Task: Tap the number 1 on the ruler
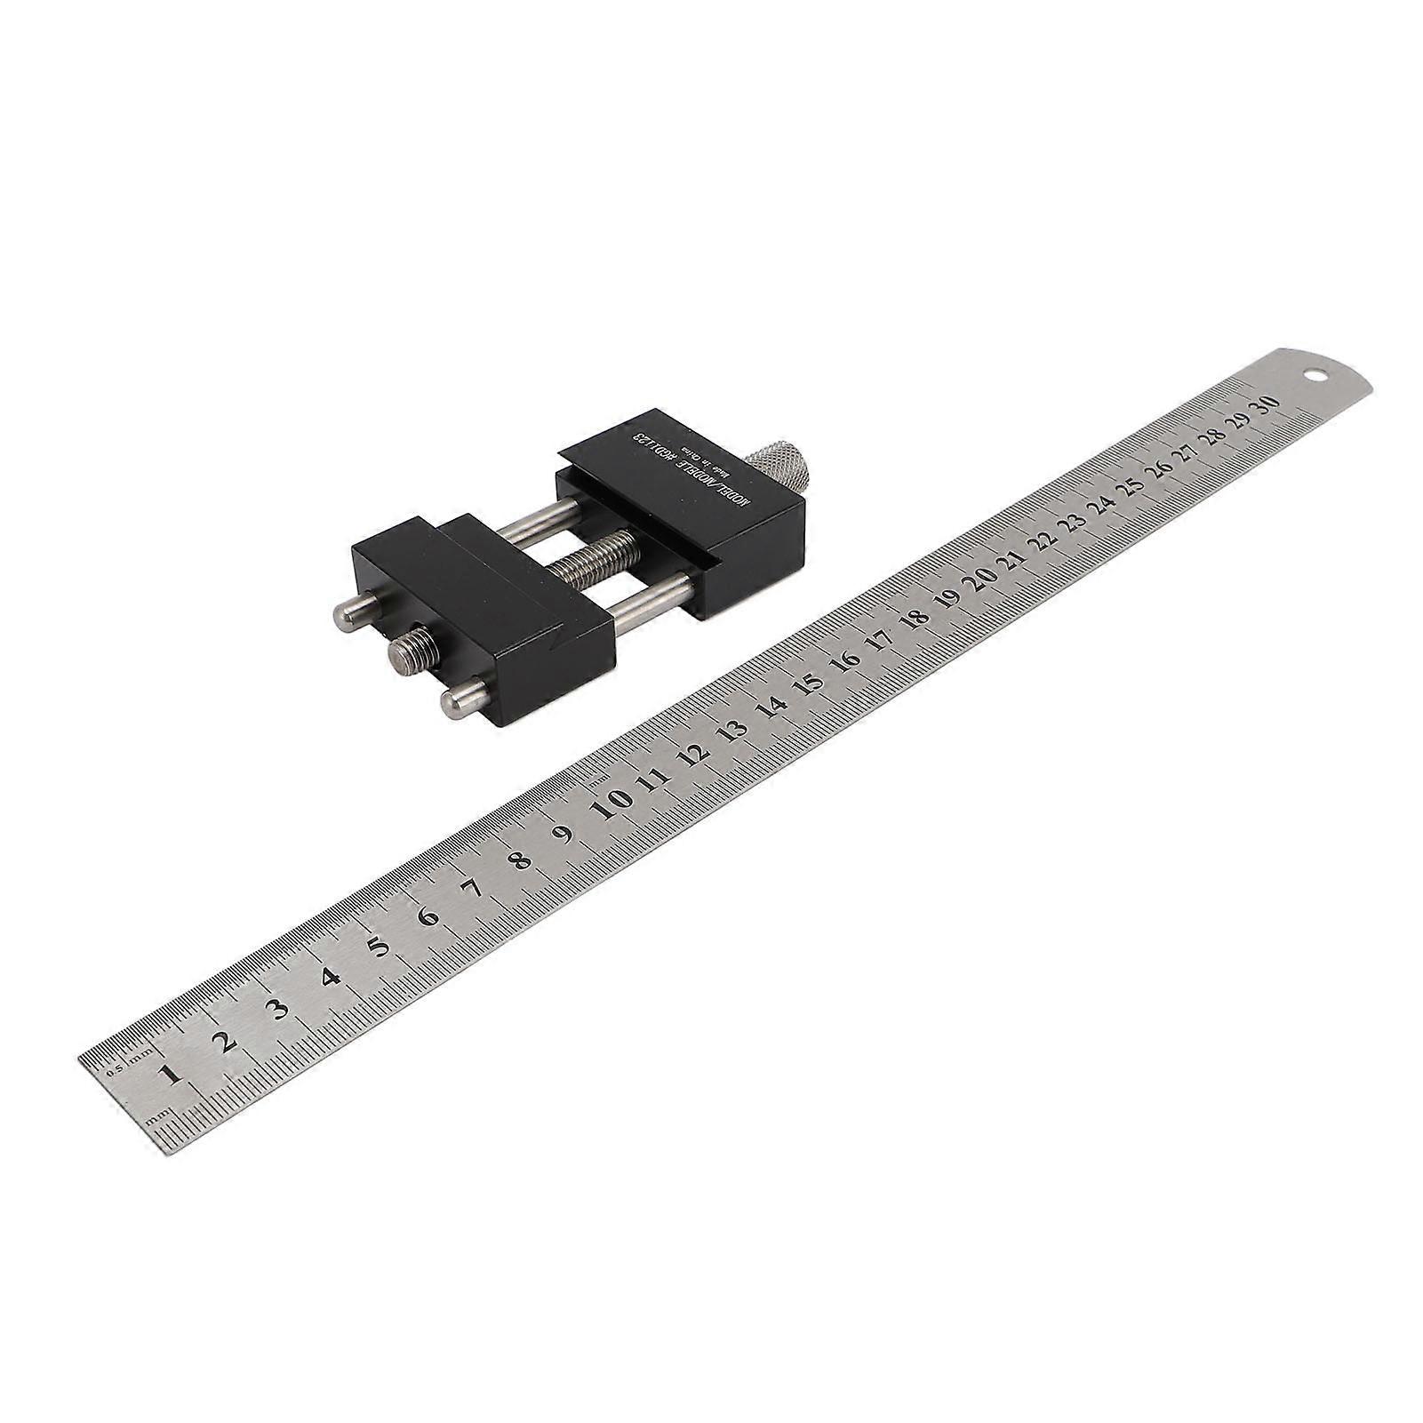(170, 1074)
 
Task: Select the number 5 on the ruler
(380, 947)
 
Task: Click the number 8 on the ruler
(521, 860)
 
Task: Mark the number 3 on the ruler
(279, 1009)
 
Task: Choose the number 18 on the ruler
(915, 619)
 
